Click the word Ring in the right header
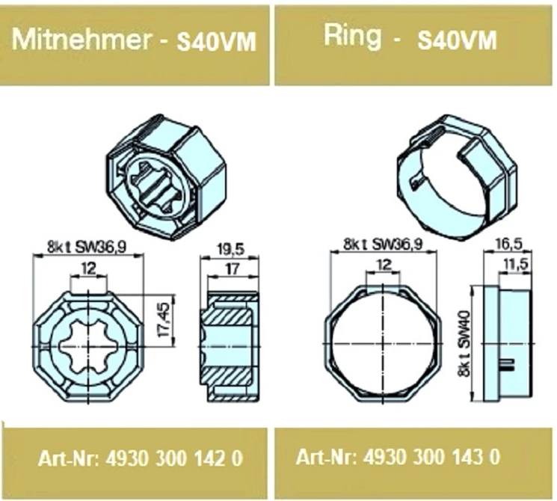(x=352, y=37)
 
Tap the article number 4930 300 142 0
(x=174, y=458)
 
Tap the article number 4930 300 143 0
(x=431, y=456)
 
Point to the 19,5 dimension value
(x=231, y=250)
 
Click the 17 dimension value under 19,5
(x=233, y=268)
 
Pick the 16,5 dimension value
(x=509, y=244)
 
